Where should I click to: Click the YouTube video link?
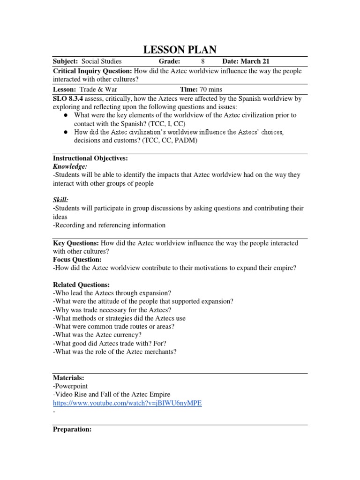coord(127,403)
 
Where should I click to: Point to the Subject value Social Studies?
coord(101,61)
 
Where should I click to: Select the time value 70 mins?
coord(210,89)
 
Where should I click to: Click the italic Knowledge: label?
coord(70,166)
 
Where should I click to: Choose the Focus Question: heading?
coord(77,259)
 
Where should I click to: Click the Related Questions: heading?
coord(81,285)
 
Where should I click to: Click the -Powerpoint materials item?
coord(71,386)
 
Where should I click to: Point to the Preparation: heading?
coord(72,429)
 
